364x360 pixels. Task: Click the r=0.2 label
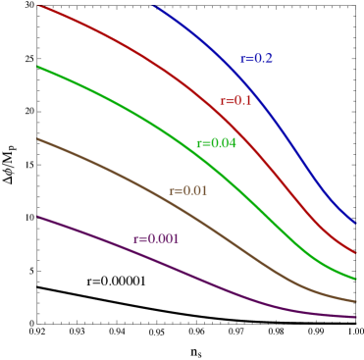(257, 59)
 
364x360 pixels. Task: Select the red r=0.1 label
(235, 101)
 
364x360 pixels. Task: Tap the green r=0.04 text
(216, 143)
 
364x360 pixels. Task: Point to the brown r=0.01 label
(188, 190)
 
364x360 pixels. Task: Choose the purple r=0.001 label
(157, 238)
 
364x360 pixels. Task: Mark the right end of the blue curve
(354, 223)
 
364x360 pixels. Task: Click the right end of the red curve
(354, 252)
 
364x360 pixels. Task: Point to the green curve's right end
(354, 279)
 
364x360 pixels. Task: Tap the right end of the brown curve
(354, 301)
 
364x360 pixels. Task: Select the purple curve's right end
(354, 317)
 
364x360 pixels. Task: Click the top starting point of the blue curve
(155, 5)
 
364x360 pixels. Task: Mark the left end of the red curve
(38, 7)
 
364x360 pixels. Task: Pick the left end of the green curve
(38, 67)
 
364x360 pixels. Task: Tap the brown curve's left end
(38, 139)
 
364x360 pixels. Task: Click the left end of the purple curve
(38, 217)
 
